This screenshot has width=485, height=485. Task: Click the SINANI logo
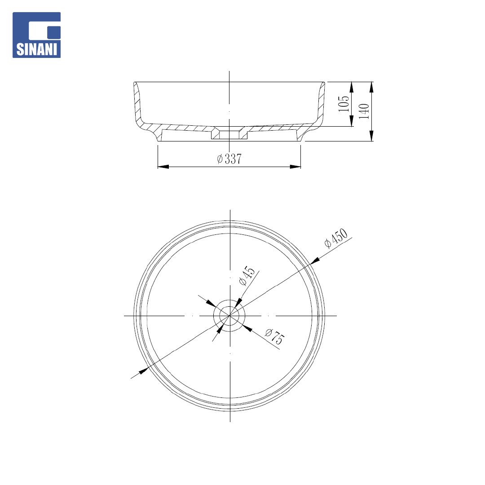pos(36,35)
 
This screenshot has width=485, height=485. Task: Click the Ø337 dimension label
pos(229,159)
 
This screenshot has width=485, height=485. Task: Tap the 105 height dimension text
pos(344,104)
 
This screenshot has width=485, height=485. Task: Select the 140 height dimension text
pos(364,111)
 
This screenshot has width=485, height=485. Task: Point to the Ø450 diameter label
pos(336,238)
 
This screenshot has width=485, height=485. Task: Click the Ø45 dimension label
pos(247,275)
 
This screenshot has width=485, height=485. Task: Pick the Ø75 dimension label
pos(274,336)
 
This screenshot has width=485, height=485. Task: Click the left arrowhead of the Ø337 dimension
pos(163,167)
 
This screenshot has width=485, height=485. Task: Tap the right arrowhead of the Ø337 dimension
pos(295,167)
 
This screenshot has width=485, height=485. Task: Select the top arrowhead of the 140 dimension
pos(371,87)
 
